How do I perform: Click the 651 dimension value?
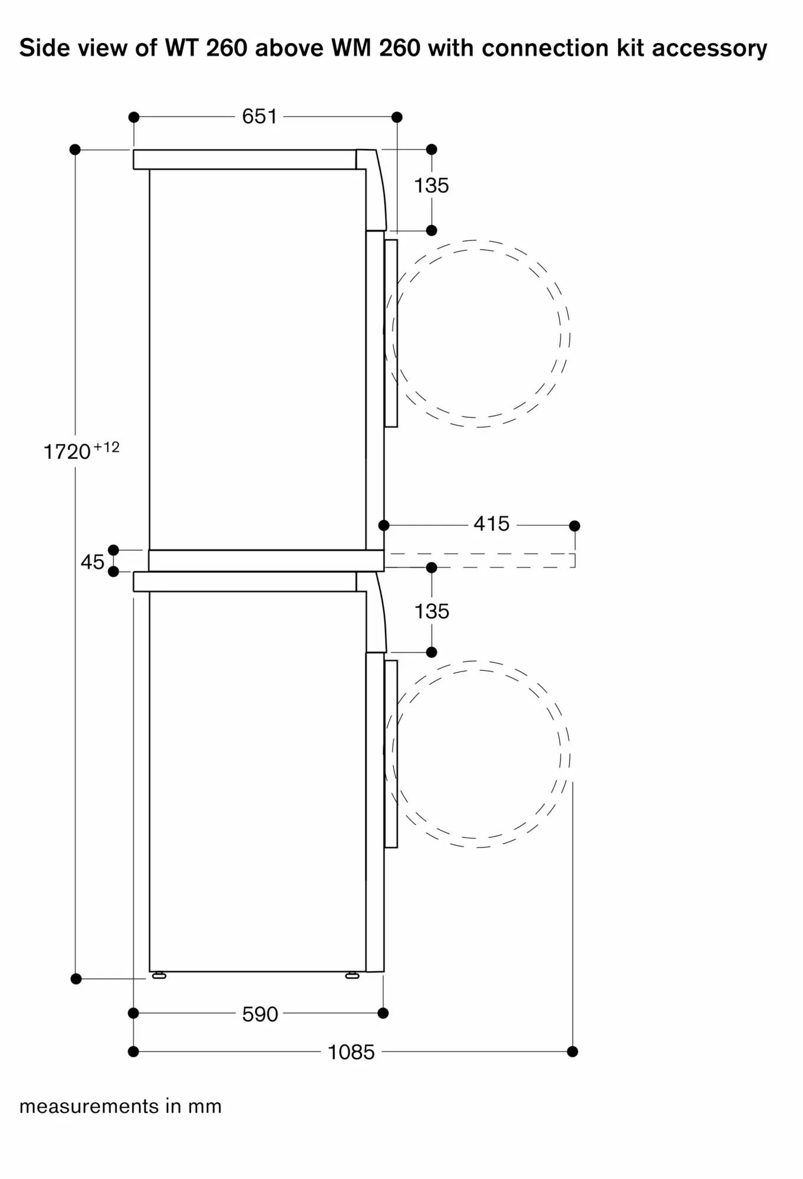pyautogui.click(x=259, y=117)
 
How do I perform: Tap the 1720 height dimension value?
pyautogui.click(x=67, y=452)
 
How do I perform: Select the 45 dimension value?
pyautogui.click(x=93, y=562)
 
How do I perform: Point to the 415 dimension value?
pyautogui.click(x=491, y=523)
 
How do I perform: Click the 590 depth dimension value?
pyautogui.click(x=260, y=1014)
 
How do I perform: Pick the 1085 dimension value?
pyautogui.click(x=351, y=1052)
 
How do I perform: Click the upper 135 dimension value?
pyautogui.click(x=432, y=186)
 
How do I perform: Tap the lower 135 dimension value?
pyautogui.click(x=432, y=611)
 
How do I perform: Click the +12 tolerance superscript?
pyautogui.click(x=107, y=447)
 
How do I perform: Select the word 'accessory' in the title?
pyautogui.click(x=709, y=48)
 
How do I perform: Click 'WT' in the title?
pyautogui.click(x=181, y=48)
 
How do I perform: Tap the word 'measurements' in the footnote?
pyautogui.click(x=90, y=1106)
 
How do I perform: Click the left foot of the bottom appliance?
pyautogui.click(x=159, y=976)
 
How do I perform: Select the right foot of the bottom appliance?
pyautogui.click(x=352, y=976)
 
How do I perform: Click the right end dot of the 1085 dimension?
pyautogui.click(x=572, y=1052)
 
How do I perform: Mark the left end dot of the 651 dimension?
pyautogui.click(x=134, y=117)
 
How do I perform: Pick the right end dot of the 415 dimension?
pyautogui.click(x=575, y=526)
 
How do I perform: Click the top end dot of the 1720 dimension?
pyautogui.click(x=75, y=150)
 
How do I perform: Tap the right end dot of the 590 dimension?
pyautogui.click(x=383, y=1013)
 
